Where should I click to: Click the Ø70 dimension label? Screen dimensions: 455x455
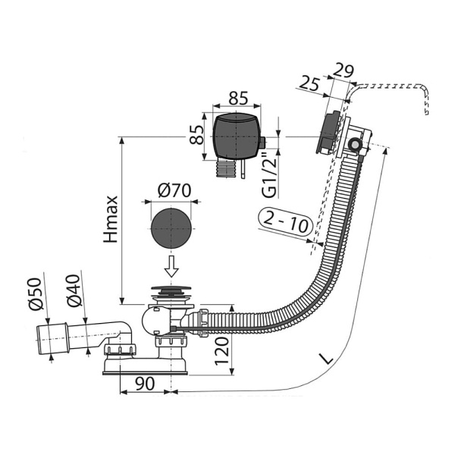(174, 190)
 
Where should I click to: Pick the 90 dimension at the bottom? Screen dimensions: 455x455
(144, 384)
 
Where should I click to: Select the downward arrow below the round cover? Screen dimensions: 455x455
(173, 266)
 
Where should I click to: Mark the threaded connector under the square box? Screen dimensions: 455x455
(224, 168)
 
